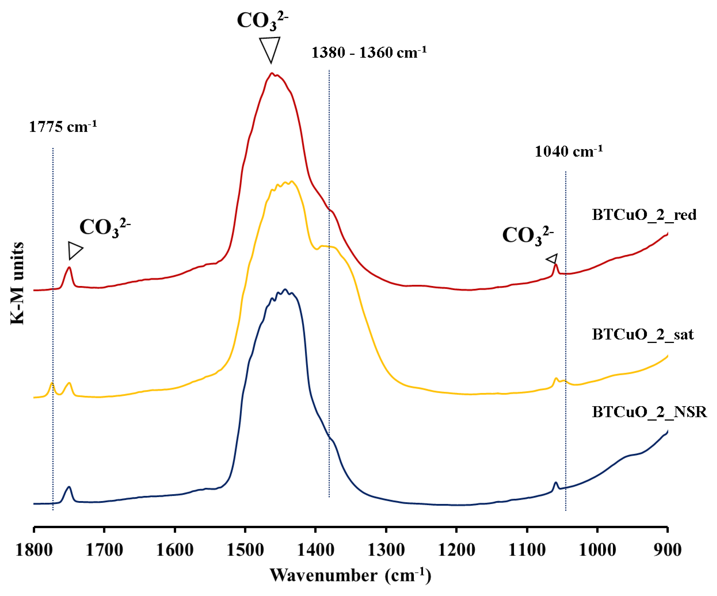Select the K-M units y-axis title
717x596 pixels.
click(17, 283)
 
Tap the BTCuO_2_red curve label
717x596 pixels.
click(644, 215)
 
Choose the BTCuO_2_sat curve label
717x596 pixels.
click(642, 334)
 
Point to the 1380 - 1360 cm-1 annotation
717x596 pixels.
click(369, 53)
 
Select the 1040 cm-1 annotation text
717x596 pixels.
click(568, 151)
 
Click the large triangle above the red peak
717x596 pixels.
click(270, 48)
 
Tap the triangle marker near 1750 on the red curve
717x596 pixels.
click(74, 251)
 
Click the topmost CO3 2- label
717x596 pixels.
click(262, 20)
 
